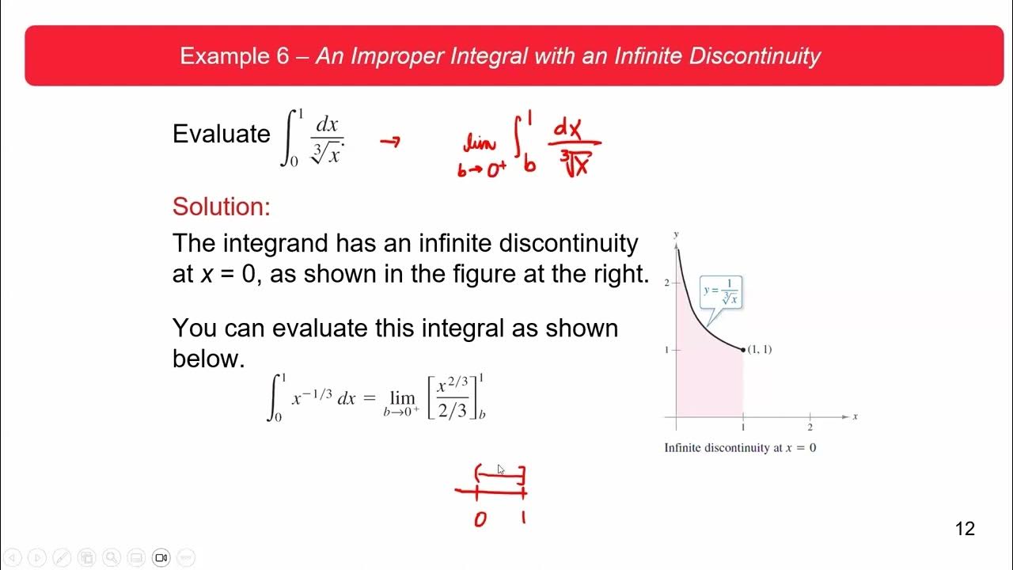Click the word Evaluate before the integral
click(221, 134)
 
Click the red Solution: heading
click(221, 207)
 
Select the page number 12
click(965, 529)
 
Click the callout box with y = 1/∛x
click(721, 292)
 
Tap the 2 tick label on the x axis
click(810, 427)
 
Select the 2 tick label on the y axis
click(667, 283)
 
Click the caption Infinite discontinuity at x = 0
click(740, 448)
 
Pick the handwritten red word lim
click(480, 144)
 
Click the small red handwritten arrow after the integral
click(389, 142)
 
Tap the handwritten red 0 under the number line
click(480, 520)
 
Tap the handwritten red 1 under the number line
click(523, 519)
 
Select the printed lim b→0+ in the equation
click(401, 403)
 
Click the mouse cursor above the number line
click(500, 469)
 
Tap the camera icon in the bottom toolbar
click(161, 557)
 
